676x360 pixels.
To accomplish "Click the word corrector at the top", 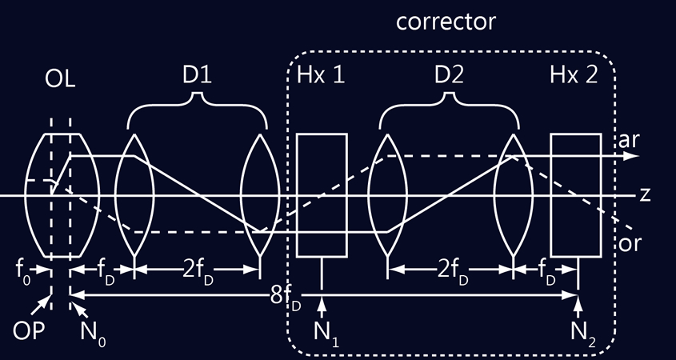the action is coord(446,22).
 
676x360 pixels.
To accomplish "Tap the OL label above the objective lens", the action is coord(60,80).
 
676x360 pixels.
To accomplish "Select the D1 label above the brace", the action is coord(197,75).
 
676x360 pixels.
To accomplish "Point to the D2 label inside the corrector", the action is coord(450,75).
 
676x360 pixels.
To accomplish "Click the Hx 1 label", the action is coord(321,75).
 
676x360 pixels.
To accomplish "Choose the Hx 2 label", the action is coord(574,75).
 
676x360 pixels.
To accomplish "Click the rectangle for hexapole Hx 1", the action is coord(322,195).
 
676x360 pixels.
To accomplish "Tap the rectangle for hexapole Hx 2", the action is coord(576,195).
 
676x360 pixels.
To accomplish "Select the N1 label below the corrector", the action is coord(326,334).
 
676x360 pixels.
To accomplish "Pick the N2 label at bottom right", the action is coord(583,334).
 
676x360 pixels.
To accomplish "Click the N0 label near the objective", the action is coord(93,334).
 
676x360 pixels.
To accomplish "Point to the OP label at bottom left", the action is coord(29,331).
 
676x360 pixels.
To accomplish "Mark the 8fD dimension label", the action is coord(286,298).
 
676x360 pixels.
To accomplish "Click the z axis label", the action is coord(645,195).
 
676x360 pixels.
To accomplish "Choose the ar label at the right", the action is coord(629,141).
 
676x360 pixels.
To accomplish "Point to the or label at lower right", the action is coord(630,244).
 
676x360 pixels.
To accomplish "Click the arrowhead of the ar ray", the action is coord(631,156).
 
